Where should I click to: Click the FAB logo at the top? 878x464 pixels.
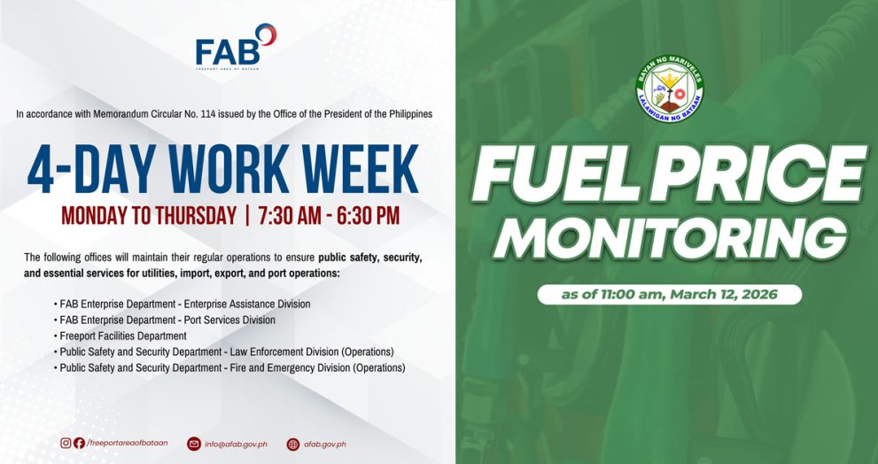pos(236,46)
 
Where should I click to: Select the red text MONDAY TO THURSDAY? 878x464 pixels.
pos(148,215)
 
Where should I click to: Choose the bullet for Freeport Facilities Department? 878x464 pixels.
pos(122,336)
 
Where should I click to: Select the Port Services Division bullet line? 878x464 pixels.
pos(167,320)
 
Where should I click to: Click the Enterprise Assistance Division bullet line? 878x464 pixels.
pos(184,304)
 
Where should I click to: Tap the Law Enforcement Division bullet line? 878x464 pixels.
pos(226,352)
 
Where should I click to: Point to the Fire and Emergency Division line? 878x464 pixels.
pos(232,367)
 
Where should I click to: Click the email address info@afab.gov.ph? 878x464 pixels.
pos(236,444)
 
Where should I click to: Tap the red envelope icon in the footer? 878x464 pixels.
pos(194,444)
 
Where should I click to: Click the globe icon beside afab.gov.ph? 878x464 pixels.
pos(293,444)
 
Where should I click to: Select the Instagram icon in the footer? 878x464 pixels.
pos(66,443)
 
